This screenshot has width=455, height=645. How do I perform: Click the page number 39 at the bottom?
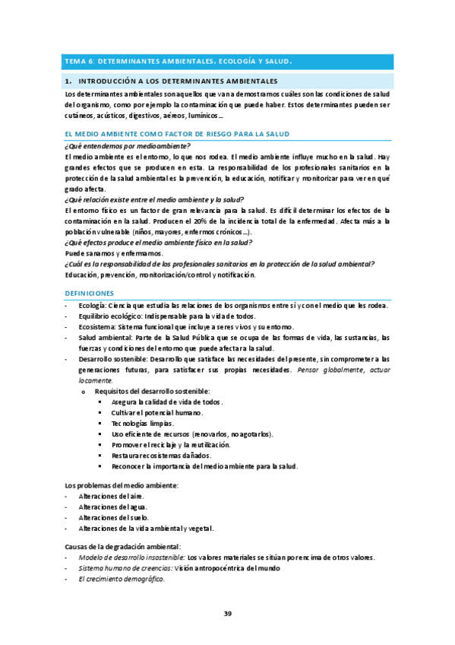(x=227, y=614)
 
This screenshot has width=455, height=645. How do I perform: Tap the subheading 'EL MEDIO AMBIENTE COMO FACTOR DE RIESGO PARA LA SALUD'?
(x=166, y=133)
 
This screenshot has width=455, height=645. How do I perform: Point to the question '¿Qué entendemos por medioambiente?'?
(x=128, y=145)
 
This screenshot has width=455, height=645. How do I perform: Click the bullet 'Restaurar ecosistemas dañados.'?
(x=161, y=455)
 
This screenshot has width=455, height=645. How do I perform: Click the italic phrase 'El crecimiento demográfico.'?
(x=121, y=578)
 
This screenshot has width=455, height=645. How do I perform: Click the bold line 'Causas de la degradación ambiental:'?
(x=124, y=546)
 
